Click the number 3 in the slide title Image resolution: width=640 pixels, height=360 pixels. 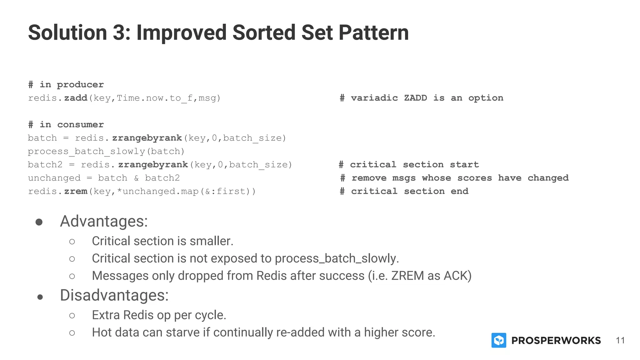pyautogui.click(x=119, y=32)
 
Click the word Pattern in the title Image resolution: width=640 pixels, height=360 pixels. pyautogui.click(x=373, y=32)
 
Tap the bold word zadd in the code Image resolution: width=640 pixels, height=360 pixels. pyautogui.click(x=76, y=98)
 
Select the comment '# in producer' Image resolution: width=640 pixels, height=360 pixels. pyautogui.click(x=66, y=85)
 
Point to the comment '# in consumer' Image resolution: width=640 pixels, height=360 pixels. pyautogui.click(x=66, y=125)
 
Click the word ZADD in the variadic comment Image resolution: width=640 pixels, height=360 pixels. pyautogui.click(x=415, y=98)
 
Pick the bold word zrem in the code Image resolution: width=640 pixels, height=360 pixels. pyautogui.click(x=76, y=191)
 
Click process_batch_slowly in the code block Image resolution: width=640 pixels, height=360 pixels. pyautogui.click(x=87, y=152)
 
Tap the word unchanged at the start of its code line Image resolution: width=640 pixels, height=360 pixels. pyautogui.click(x=54, y=178)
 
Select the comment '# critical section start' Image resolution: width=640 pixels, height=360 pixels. pyautogui.click(x=409, y=165)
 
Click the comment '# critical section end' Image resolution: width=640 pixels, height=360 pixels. pyautogui.click(x=404, y=191)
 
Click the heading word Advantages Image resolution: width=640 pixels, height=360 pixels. pyautogui.click(x=103, y=221)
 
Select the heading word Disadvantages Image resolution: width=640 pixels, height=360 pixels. pyautogui.click(x=114, y=295)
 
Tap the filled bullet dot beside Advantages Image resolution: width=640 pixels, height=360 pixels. pyautogui.click(x=39, y=222)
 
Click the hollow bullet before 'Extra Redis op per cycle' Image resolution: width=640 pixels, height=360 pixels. pyautogui.click(x=72, y=316)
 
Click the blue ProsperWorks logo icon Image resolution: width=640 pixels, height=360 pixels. pyautogui.click(x=499, y=340)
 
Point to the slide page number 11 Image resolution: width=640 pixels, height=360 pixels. pyautogui.click(x=620, y=340)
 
